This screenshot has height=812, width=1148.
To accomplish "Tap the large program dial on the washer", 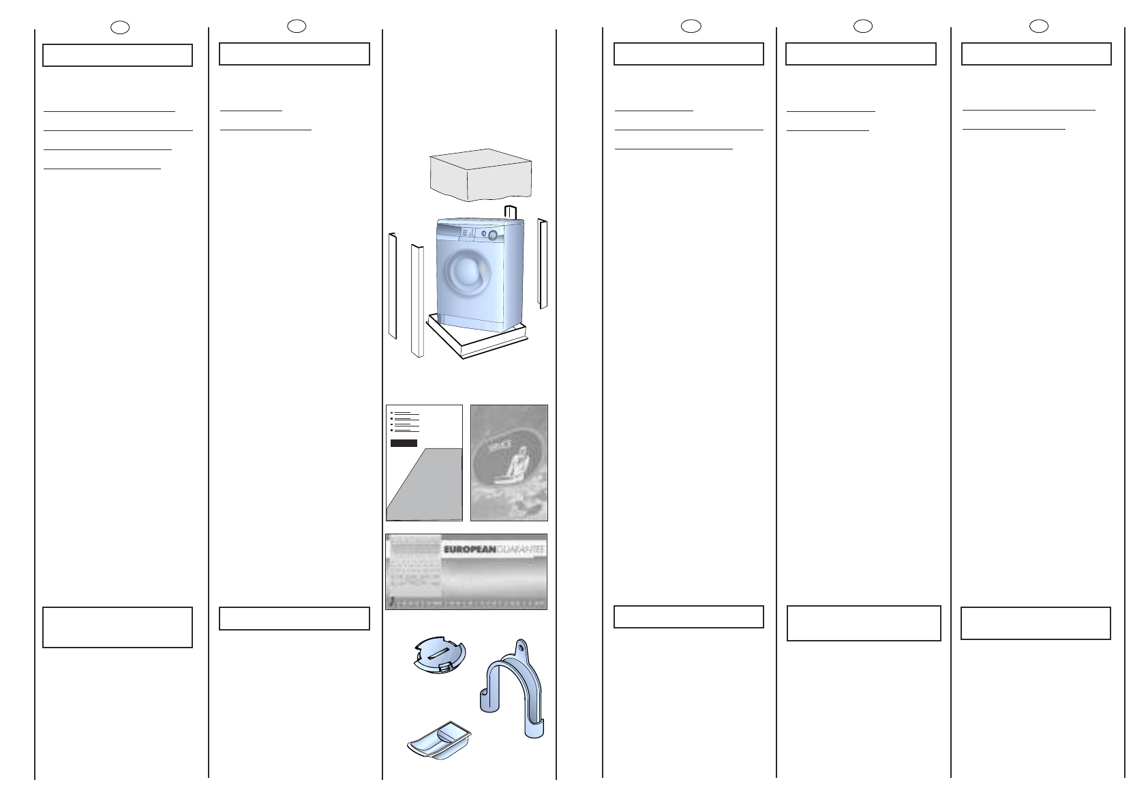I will (492, 235).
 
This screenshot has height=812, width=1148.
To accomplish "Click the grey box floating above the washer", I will (480, 175).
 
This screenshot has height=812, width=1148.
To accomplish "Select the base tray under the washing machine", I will (477, 341).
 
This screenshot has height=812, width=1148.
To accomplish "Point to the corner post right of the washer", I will (543, 263).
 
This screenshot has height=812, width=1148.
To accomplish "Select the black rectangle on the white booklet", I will (404, 444).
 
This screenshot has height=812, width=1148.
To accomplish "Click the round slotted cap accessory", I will (440, 656).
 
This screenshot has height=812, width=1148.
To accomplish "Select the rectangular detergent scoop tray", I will (439, 740).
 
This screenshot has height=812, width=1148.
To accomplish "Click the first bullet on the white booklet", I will (392, 413).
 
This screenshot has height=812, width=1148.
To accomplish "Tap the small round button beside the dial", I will (483, 234).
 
